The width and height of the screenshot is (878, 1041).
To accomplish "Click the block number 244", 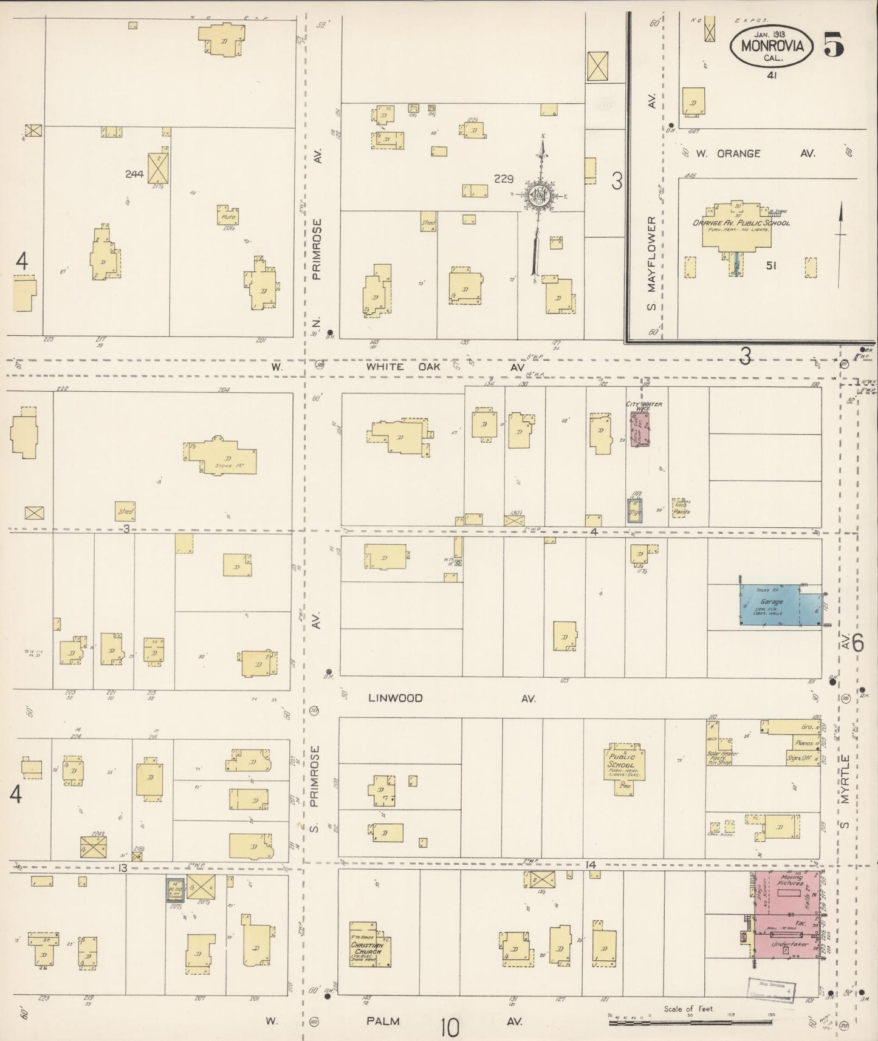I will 134,174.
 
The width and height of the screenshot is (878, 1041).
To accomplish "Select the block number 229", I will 504,179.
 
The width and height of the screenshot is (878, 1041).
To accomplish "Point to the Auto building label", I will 228,217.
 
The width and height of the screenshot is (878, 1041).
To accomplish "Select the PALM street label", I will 383,1021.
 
